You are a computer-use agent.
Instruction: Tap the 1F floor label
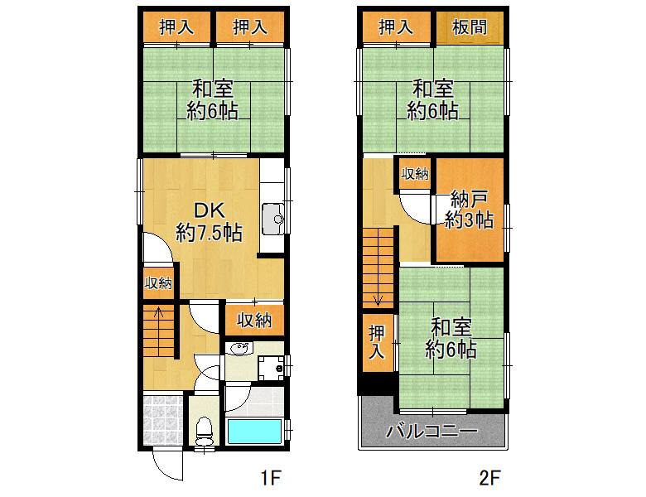[271, 478]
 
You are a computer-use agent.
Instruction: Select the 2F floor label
[489, 478]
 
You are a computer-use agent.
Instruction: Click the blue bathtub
[254, 432]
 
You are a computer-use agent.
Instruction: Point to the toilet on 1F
[204, 432]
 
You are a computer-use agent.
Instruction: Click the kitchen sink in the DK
[272, 219]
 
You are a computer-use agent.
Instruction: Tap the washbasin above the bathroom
[240, 349]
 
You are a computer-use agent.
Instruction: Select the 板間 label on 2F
[470, 27]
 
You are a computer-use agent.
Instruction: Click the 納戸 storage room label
[470, 199]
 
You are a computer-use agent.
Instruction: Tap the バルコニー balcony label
[431, 431]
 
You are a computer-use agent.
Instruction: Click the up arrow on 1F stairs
[159, 311]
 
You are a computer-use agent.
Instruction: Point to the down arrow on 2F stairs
[378, 301]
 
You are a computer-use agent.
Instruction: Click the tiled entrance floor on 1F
[162, 420]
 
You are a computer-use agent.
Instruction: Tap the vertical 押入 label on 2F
[377, 341]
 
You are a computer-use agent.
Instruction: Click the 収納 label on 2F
[415, 173]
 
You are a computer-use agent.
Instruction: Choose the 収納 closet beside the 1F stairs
[159, 282]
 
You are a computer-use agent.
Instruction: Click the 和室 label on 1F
[213, 88]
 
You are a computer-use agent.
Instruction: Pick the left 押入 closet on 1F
[176, 27]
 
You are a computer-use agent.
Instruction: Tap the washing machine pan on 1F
[271, 368]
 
